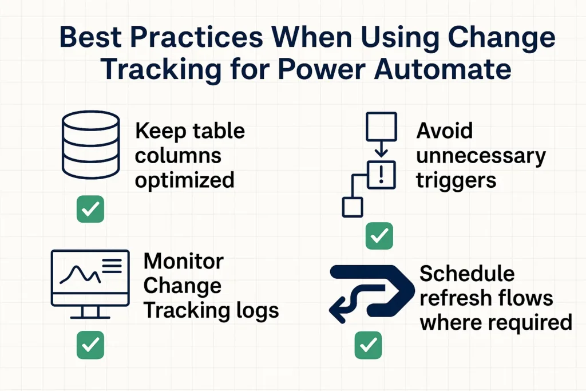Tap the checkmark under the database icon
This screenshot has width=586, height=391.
click(90, 210)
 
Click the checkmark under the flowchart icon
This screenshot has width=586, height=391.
click(379, 236)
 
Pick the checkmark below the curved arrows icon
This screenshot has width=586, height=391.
click(368, 345)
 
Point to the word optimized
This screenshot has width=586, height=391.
click(184, 180)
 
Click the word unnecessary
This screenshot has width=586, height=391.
click(481, 156)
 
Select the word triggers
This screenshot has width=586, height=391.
click(456, 180)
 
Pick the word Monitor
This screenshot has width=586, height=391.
click(183, 261)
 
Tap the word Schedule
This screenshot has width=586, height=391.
click(467, 274)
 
